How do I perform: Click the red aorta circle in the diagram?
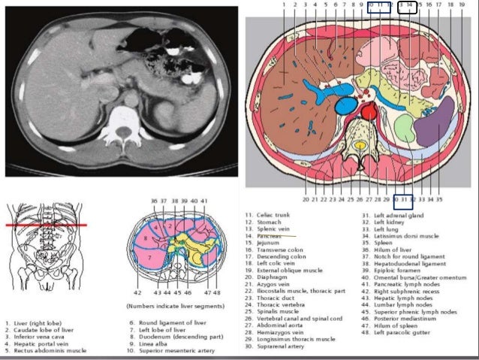(x=369, y=113)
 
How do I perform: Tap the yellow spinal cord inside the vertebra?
(x=361, y=144)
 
